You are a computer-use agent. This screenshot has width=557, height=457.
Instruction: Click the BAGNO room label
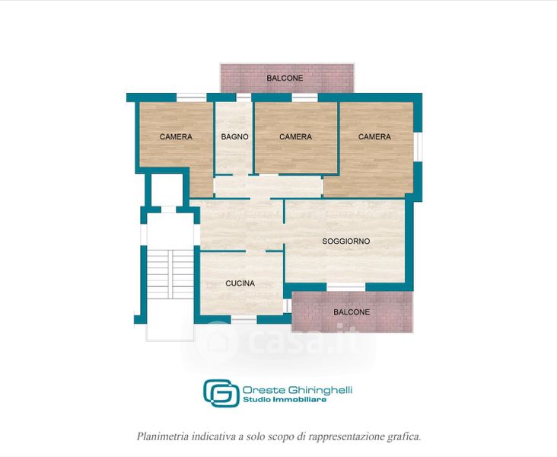(234, 136)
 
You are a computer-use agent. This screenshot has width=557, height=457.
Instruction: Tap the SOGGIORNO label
(346, 241)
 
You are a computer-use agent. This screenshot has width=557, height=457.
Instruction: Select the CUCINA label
(240, 283)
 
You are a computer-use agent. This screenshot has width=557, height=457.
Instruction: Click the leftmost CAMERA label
(176, 136)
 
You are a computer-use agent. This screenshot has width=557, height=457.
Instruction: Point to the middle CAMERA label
(295, 136)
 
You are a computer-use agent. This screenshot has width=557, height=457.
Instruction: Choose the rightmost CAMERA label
(374, 136)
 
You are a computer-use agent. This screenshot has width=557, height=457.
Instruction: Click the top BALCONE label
(285, 78)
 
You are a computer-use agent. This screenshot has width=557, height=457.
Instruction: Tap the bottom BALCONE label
(352, 312)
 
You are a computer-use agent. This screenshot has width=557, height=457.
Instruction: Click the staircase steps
(170, 274)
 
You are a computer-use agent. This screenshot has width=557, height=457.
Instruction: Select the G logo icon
(221, 393)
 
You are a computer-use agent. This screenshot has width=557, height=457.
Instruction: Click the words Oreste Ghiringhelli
(298, 390)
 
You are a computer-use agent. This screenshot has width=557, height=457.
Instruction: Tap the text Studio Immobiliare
(285, 400)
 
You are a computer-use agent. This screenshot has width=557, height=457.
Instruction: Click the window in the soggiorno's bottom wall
(346, 286)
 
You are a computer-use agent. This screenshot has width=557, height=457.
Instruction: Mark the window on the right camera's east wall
(418, 147)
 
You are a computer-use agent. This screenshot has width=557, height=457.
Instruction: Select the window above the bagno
(243, 97)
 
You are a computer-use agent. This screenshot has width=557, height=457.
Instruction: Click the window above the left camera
(192, 97)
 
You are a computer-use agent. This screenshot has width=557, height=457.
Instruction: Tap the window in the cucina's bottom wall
(244, 320)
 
